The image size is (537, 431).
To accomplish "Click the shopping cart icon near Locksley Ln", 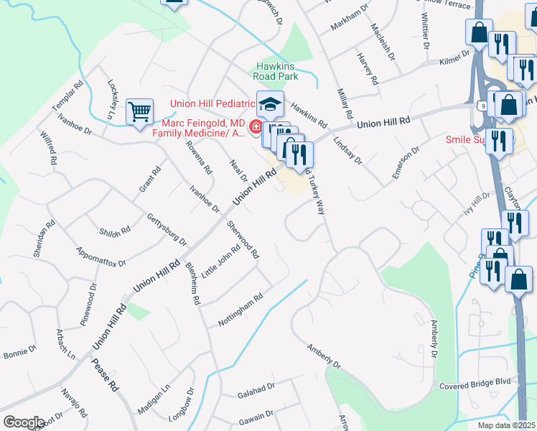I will pos(139,111).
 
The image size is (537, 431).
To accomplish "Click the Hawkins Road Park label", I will pos(276,70).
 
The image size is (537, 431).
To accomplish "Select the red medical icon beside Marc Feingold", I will pos(256,128).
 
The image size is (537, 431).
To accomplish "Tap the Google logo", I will pos(24,422).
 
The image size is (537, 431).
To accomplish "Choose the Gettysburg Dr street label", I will pos(166,228).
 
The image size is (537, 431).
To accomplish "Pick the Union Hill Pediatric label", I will pos(213,103).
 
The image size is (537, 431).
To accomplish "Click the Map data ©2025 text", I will pos(507,425).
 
